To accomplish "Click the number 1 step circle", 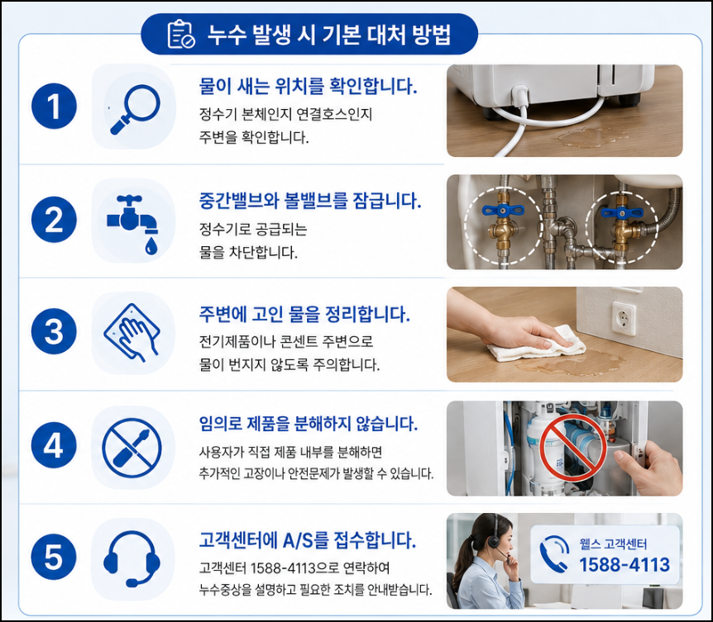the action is (54, 107).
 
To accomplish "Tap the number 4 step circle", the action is (54, 445).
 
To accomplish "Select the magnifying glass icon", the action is (135, 109).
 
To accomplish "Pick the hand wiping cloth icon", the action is (132, 333).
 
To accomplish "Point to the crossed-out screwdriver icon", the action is (132, 448).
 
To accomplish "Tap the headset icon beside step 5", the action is (132, 558).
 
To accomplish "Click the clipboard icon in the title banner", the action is (181, 34).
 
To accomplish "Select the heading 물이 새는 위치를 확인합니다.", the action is (308, 86).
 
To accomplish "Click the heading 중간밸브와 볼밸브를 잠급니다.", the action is (310, 200).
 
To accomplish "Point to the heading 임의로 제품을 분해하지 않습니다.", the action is (309, 424).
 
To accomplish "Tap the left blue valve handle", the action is (503, 211).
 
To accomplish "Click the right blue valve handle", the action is (622, 213).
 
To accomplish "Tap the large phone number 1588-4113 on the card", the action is (624, 565).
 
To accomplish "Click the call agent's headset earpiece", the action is (493, 541).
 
